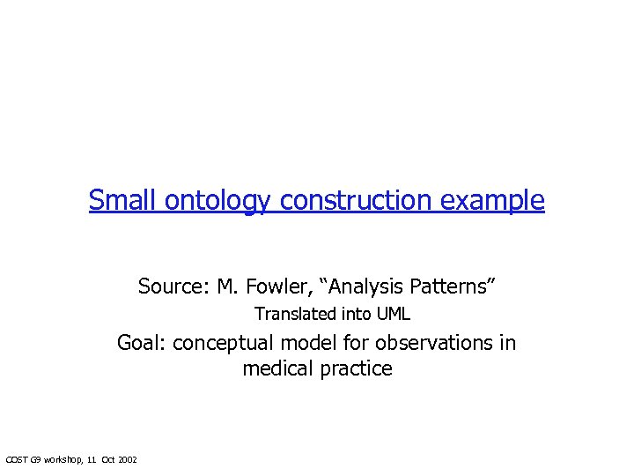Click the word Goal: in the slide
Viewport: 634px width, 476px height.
click(142, 343)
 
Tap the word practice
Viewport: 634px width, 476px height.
click(357, 368)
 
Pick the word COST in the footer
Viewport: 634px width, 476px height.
click(17, 459)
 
